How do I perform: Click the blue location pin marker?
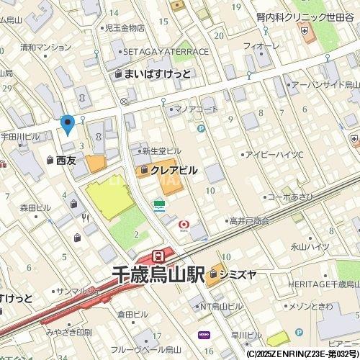click(x=68, y=125)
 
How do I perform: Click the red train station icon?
click(x=158, y=256)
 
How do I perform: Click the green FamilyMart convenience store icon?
click(x=158, y=205)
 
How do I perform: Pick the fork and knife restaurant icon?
click(x=86, y=216)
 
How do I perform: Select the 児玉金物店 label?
click(x=120, y=28)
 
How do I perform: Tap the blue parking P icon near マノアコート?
click(x=201, y=129)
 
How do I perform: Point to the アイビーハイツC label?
click(x=274, y=155)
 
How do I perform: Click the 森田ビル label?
click(x=35, y=207)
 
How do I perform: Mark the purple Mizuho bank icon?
click(x=204, y=334)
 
